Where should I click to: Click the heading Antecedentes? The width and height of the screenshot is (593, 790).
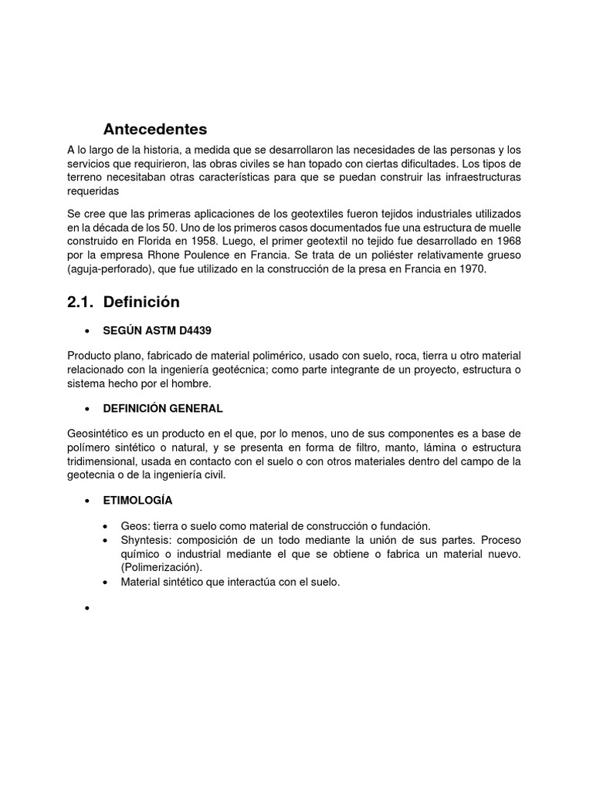tap(155, 129)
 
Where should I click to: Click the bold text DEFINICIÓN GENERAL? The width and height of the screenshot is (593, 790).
tap(163, 408)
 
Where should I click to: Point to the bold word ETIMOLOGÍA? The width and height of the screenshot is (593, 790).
tap(137, 500)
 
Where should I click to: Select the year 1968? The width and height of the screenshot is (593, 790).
tap(506, 241)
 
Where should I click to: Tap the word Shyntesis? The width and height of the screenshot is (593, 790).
tap(147, 539)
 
